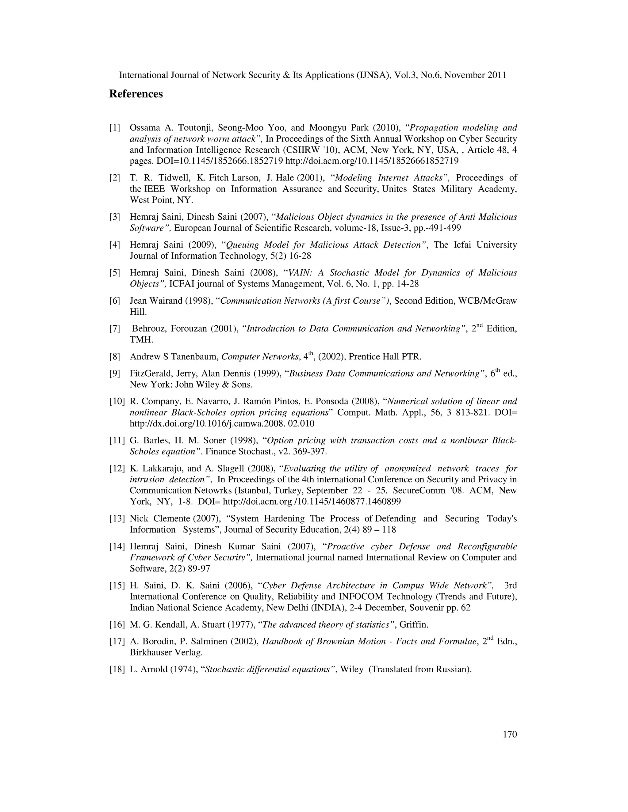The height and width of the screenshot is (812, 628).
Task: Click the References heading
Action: (136, 94)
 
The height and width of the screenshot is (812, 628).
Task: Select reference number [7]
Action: (115, 329)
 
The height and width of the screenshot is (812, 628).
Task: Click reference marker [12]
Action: (117, 469)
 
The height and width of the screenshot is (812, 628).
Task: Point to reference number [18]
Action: (117, 670)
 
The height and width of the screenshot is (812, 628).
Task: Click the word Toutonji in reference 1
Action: (194, 128)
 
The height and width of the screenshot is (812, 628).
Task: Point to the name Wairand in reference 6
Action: (166, 301)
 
